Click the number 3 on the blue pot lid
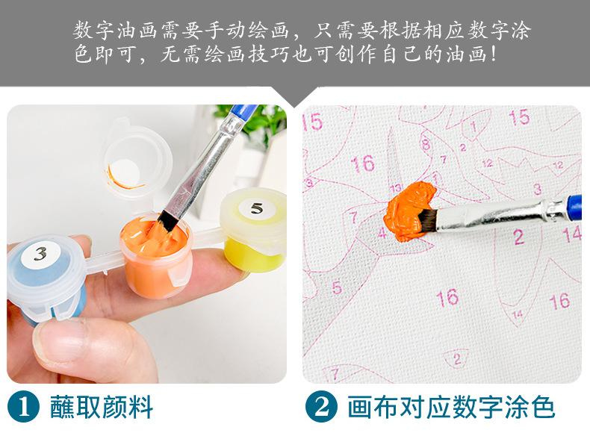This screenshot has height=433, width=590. [x=40, y=254]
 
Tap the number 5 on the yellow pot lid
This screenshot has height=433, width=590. [x=257, y=208]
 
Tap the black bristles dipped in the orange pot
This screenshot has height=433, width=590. [x=168, y=220]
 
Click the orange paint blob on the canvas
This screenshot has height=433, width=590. [x=409, y=212]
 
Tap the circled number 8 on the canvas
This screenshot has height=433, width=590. [x=426, y=144]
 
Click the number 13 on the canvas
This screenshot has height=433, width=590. [x=396, y=187]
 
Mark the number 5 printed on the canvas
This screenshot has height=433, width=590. [x=337, y=287]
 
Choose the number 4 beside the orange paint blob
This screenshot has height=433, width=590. [x=382, y=232]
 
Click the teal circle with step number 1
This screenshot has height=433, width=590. [x=23, y=407]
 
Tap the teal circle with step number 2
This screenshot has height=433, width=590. [x=322, y=407]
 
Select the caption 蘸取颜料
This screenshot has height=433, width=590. [x=102, y=407]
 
